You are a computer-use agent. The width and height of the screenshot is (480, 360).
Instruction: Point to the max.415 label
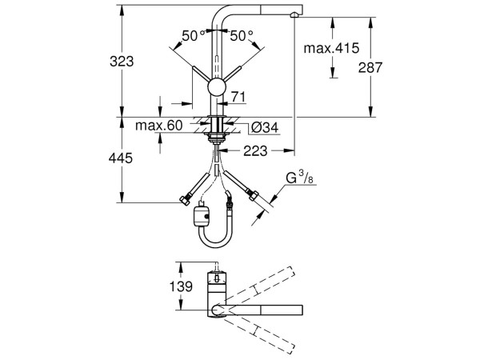click(x=331, y=49)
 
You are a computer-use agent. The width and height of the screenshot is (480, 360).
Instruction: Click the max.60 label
click(x=158, y=125)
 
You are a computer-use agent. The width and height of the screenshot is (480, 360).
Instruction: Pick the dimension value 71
click(x=237, y=97)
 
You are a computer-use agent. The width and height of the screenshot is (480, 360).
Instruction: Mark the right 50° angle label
click(x=242, y=36)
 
